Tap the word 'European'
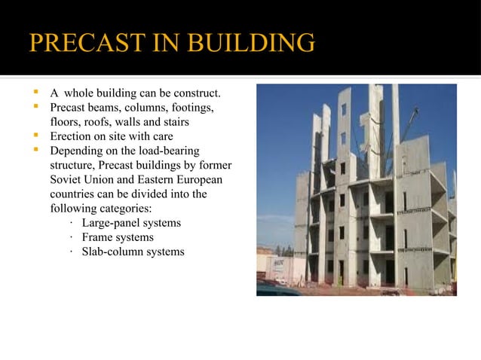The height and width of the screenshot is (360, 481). (x=198, y=180)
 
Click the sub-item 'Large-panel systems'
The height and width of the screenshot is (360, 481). (x=131, y=223)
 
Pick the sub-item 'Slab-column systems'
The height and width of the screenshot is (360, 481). (x=133, y=252)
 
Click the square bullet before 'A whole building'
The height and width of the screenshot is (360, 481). (x=35, y=93)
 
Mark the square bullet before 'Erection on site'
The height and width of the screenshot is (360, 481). (x=35, y=136)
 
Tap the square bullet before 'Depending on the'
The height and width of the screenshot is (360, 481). (x=35, y=151)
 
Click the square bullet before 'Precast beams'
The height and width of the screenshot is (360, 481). (x=35, y=108)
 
